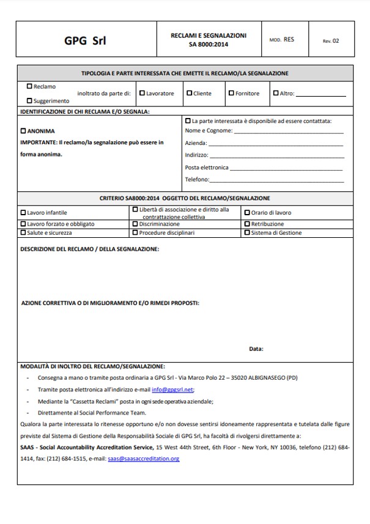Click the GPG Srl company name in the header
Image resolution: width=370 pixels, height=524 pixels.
(85, 41)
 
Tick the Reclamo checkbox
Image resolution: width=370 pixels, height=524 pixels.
(29, 87)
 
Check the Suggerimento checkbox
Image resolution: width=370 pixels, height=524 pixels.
(29, 100)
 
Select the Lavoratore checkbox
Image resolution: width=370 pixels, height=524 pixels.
(142, 94)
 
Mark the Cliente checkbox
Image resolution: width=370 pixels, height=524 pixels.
(190, 94)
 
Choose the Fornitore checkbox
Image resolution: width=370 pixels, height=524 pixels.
(231, 94)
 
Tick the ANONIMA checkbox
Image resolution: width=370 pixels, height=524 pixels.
(24, 131)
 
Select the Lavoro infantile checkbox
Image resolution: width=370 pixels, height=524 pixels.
(23, 213)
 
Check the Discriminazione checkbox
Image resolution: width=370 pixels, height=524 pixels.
(135, 224)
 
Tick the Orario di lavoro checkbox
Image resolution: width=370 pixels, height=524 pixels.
(247, 213)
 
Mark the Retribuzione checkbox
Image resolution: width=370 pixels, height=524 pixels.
(247, 224)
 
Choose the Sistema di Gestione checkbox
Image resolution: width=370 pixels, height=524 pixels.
(247, 233)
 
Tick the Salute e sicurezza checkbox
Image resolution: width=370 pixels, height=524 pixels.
(23, 233)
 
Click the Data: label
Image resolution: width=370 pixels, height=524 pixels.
(256, 349)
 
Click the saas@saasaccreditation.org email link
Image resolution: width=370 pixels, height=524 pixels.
(143, 458)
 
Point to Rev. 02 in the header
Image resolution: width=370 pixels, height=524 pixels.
(331, 41)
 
